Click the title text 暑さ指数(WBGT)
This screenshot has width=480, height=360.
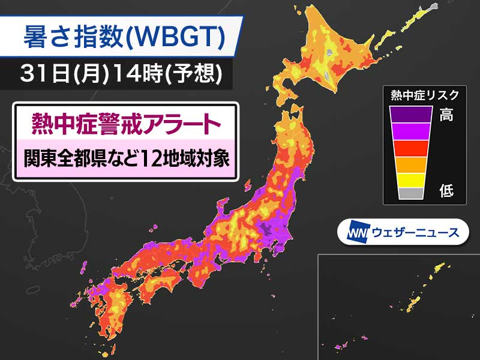tap(123, 38)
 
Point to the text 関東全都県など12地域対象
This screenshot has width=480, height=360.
tap(126, 160)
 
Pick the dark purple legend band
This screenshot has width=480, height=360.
tap(411, 113)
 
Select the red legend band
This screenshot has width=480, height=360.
tap(411, 147)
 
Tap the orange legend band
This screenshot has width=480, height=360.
tap(411, 163)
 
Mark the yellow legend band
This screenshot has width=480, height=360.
tap(411, 179)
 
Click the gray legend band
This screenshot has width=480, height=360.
tap(411, 193)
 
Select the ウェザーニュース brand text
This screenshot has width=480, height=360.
tap(414, 232)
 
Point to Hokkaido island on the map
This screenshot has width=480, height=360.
tap(336, 54)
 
